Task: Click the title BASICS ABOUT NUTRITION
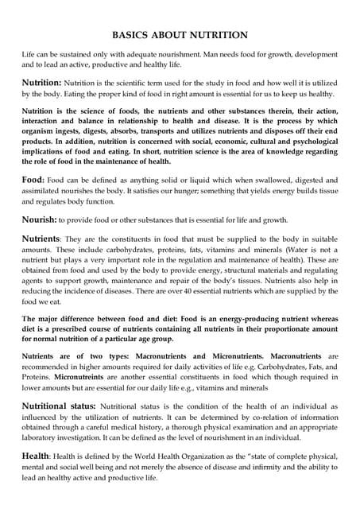[180, 35]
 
